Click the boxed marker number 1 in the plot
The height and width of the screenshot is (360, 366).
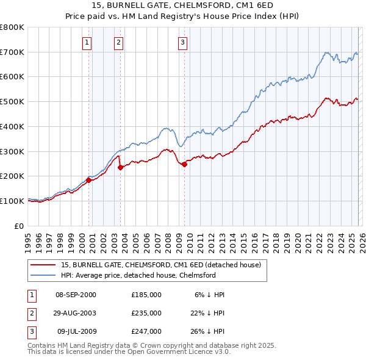point(88,43)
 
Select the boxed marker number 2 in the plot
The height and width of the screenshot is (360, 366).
point(118,43)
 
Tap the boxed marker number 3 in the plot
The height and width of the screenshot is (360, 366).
point(182,43)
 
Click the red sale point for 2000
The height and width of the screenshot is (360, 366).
point(88,180)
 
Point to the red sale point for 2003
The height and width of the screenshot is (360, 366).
point(120,168)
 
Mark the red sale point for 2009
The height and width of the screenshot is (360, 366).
point(184,164)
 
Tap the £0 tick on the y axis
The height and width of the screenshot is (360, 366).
point(18,226)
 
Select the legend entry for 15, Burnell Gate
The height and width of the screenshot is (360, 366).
point(160,265)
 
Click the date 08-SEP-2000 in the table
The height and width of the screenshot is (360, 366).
point(76,295)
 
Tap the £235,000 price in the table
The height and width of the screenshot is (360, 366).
point(146,313)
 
